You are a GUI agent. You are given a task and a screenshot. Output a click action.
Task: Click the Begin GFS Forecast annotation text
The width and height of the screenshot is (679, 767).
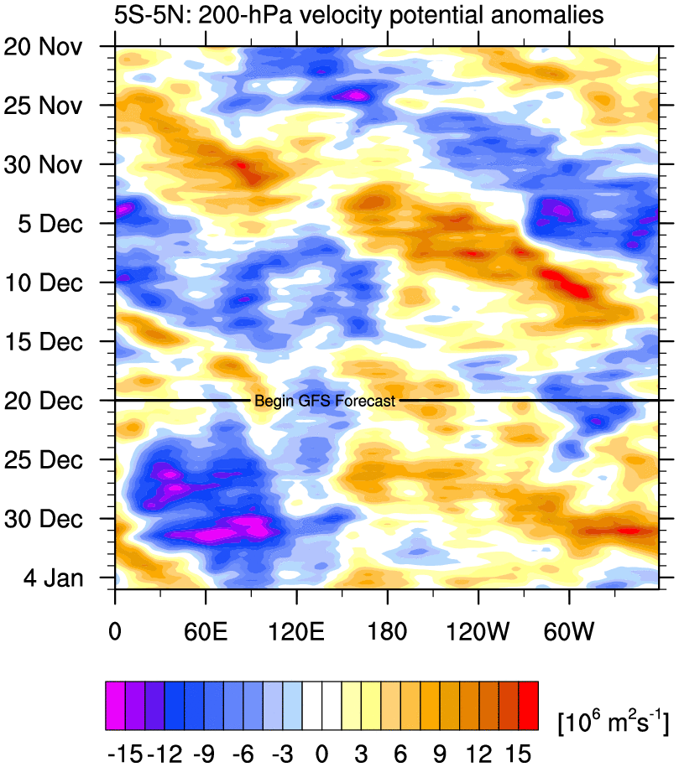324,402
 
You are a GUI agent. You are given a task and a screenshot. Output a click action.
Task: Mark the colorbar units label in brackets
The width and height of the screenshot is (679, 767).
612,722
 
